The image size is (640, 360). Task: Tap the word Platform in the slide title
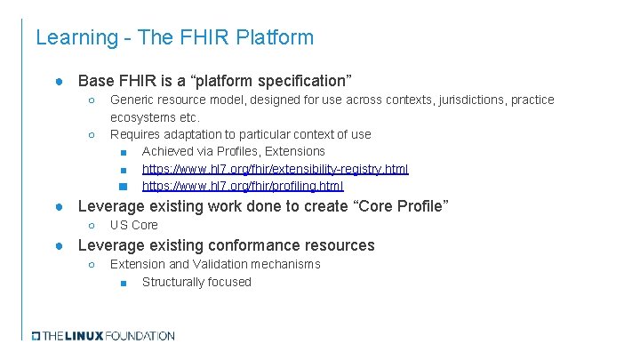click(276, 38)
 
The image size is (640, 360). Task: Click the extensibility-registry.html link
click(275, 169)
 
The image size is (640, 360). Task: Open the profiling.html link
click(243, 187)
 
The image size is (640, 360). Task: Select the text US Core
click(133, 225)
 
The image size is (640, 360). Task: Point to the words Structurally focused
click(196, 282)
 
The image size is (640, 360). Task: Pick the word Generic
click(132, 100)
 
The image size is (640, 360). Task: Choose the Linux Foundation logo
click(103, 336)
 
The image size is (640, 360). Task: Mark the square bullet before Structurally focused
click(123, 283)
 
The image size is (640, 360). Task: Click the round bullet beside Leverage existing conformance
click(57, 245)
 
